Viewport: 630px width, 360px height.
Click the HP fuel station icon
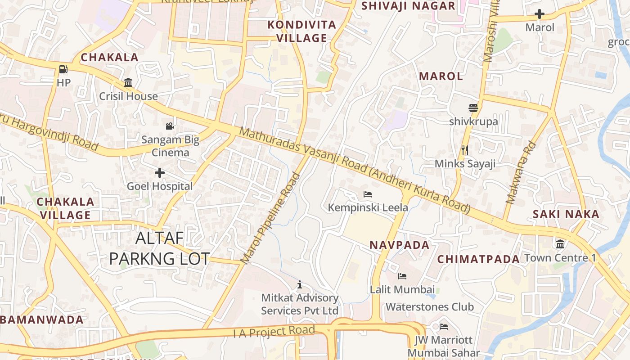coord(63,69)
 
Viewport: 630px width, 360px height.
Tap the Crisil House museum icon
coord(128,83)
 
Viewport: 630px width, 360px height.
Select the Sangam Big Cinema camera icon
coord(170,126)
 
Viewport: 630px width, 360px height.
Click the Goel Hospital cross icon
coord(160,173)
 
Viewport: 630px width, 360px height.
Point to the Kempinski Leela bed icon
coord(368,194)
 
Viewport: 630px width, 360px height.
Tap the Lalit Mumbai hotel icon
coord(402,276)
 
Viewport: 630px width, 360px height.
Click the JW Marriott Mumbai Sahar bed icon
coord(444,326)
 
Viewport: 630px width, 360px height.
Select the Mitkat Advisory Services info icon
coord(300,284)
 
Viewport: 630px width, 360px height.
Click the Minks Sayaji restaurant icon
coord(465,150)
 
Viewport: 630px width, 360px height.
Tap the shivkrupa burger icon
coord(473,108)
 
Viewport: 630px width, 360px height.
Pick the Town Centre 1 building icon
coord(560,244)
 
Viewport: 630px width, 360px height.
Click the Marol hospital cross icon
coord(540,14)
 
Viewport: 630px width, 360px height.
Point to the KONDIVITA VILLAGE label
coord(302,31)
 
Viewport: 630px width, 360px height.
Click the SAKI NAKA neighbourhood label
coord(566,214)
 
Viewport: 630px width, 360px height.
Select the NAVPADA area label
coord(400,245)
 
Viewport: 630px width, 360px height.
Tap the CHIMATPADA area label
coord(479,259)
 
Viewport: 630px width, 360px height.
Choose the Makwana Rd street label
coord(521,173)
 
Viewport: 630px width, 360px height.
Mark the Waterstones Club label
coord(429,307)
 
